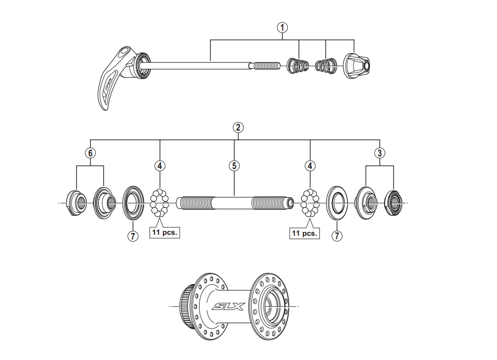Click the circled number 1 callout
[x=282, y=27]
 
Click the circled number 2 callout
[x=237, y=128]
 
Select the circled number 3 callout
[x=380, y=152]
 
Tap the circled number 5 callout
[x=234, y=166]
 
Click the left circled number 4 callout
[x=160, y=166]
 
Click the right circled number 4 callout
[x=310, y=166]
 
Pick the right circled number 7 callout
[x=337, y=236]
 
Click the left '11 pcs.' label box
[x=165, y=232]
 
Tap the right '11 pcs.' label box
[x=305, y=233]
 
